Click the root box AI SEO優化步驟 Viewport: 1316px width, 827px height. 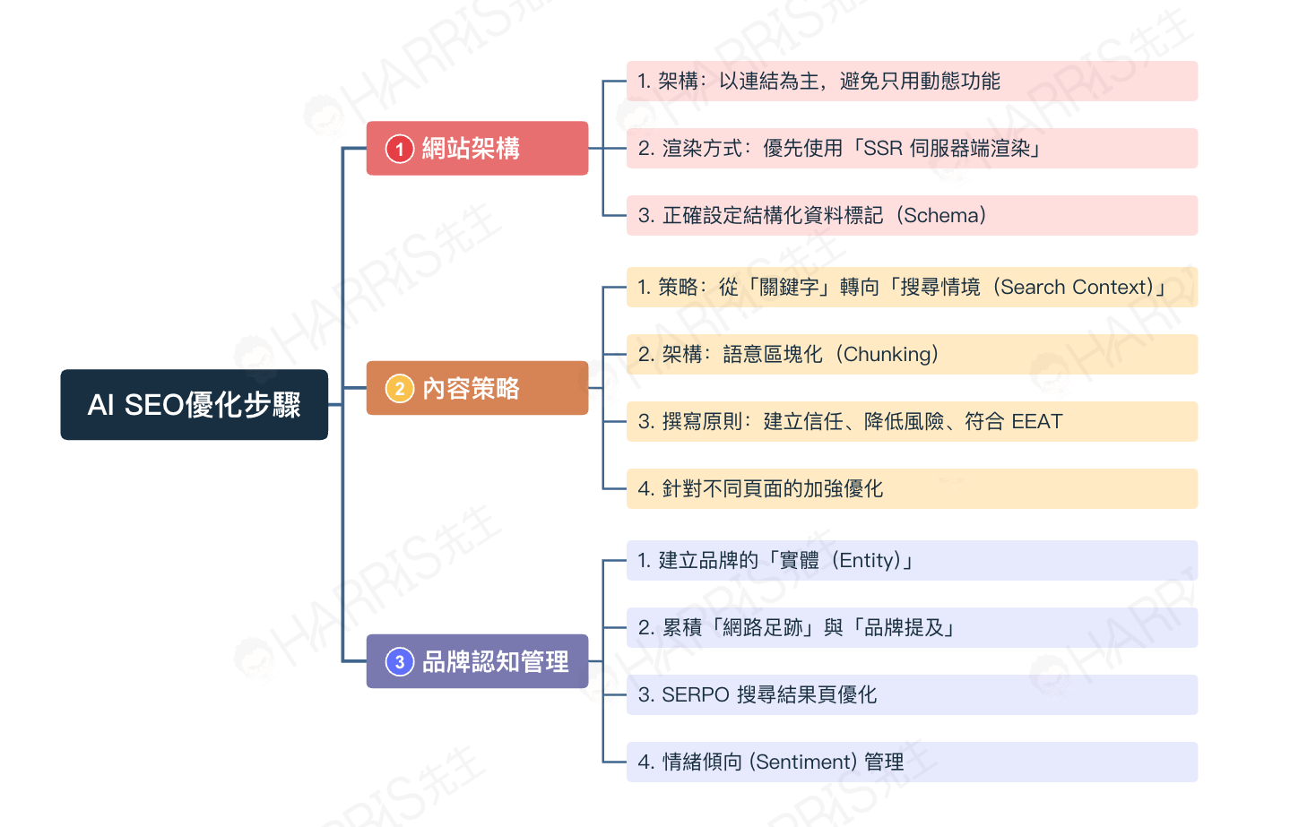195,405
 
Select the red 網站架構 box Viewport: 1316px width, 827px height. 477,148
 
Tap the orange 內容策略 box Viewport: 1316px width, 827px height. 477,388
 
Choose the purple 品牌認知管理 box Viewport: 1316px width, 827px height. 477,661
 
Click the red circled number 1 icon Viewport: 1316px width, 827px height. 400,149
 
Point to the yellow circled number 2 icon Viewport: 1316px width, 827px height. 400,389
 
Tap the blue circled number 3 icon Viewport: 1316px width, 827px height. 400,662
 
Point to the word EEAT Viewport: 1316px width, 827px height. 1037,421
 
